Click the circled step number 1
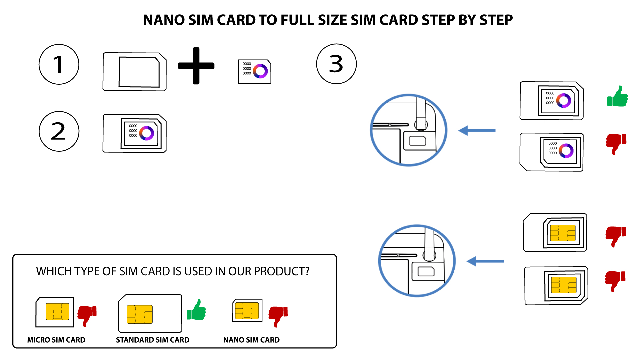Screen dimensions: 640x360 [59, 64]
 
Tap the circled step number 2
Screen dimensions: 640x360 [59, 131]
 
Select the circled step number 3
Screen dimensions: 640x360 [336, 64]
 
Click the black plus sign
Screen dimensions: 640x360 [196, 66]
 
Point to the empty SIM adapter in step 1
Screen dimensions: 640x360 [135, 72]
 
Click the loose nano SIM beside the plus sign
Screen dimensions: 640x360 [255, 71]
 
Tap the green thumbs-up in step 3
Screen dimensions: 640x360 [618, 97]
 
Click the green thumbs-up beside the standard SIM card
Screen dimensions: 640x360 [196, 310]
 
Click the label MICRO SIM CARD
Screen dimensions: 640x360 [56, 340]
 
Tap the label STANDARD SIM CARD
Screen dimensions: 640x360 [153, 340]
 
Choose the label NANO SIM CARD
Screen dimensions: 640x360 [251, 340]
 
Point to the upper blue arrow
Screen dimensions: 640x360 [477, 131]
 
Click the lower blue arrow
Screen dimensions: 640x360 [485, 261]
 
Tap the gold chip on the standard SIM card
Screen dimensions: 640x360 [140, 314]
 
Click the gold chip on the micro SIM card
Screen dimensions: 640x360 [57, 312]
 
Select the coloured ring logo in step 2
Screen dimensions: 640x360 [146, 133]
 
